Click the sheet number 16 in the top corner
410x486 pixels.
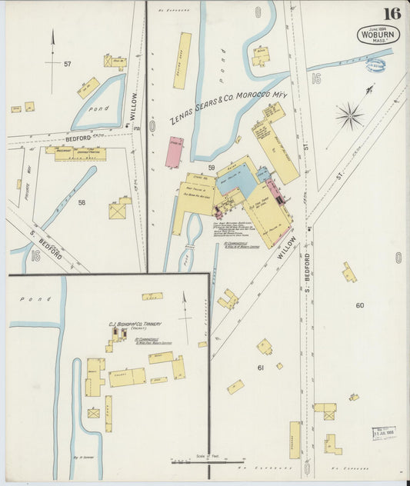pyautogui.click(x=392, y=13)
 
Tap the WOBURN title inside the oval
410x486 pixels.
pyautogui.click(x=378, y=34)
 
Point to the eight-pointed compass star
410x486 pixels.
pyautogui.click(x=349, y=117)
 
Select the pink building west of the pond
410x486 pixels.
pyautogui.click(x=175, y=152)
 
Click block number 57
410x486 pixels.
pyautogui.click(x=68, y=64)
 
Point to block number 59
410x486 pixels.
pyautogui.click(x=210, y=167)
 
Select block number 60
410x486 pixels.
pyautogui.click(x=358, y=305)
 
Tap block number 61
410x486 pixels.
pyautogui.click(x=260, y=368)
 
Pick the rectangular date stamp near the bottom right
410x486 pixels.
pyautogui.click(x=382, y=434)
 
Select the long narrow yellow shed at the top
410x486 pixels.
pyautogui.click(x=182, y=61)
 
